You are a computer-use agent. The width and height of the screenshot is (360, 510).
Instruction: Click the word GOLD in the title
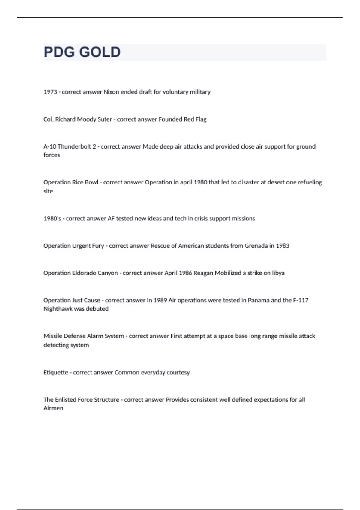(100, 52)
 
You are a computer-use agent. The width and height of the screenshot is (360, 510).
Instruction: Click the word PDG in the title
(59, 52)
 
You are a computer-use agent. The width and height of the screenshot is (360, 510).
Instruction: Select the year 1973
(50, 92)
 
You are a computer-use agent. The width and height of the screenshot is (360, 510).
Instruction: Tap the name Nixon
(111, 92)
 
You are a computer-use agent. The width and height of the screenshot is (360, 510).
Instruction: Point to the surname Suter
(105, 119)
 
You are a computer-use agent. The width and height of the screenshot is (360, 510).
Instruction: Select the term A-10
(49, 147)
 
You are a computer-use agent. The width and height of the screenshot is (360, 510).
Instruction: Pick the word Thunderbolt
(74, 147)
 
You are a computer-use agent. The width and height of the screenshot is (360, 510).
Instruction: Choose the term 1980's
(52, 219)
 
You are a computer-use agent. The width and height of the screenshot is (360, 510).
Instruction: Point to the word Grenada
(256, 246)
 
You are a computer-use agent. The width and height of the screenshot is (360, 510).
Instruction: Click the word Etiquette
(56, 373)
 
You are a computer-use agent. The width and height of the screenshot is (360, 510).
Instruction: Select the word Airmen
(53, 408)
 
